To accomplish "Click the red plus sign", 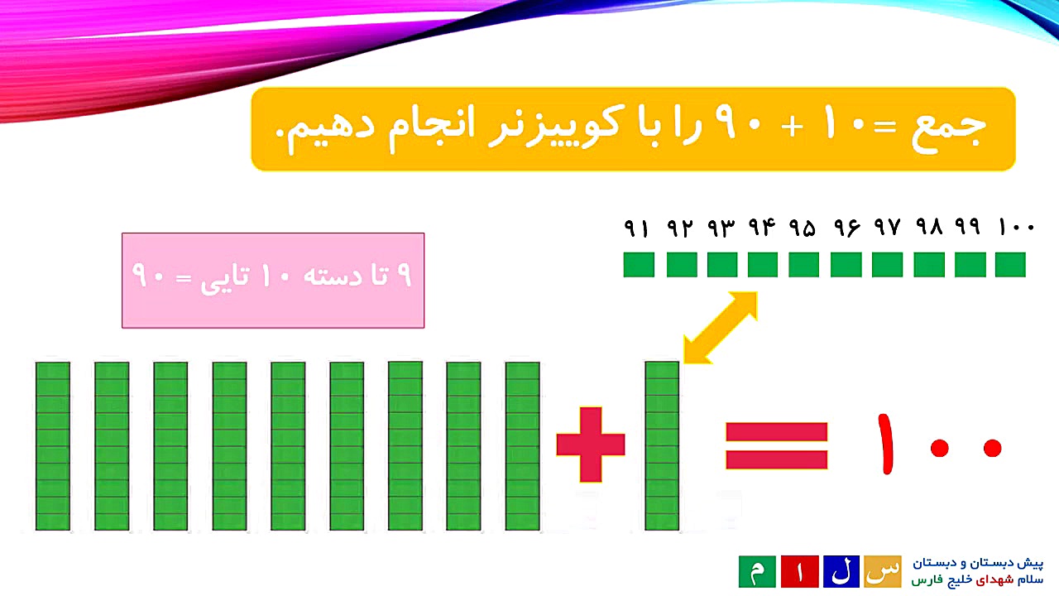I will [x=591, y=445].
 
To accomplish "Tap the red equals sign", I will [x=776, y=446].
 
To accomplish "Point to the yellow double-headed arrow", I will [x=721, y=328].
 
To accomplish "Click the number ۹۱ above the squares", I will [x=637, y=227].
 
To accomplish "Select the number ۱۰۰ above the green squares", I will [x=1016, y=227].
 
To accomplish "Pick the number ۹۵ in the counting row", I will [x=803, y=227].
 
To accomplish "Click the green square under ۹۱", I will [x=639, y=265].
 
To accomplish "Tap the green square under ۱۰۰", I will [x=1010, y=265].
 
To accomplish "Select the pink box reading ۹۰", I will [x=273, y=280].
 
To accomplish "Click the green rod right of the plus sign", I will [x=662, y=445].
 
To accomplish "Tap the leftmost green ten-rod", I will [x=53, y=445].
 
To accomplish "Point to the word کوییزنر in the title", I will [x=596, y=129].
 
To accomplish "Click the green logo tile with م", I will [x=757, y=571].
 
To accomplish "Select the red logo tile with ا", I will [x=799, y=571].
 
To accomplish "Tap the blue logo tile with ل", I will [x=841, y=571].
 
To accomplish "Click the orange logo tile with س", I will [x=883, y=571].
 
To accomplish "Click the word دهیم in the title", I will [x=331, y=129].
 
